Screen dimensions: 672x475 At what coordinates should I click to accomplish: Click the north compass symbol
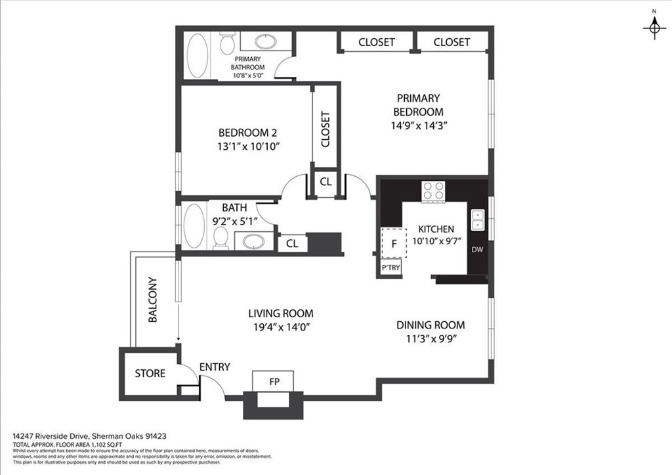654,27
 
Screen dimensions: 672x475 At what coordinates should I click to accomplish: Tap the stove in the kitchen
433,191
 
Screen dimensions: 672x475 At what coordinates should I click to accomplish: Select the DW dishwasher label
477,249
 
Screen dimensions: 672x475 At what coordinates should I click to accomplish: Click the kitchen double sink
478,219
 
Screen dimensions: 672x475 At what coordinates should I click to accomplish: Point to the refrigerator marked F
394,243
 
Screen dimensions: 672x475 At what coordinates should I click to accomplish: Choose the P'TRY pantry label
390,268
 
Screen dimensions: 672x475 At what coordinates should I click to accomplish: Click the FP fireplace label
274,382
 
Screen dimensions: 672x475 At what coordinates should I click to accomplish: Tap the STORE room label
150,373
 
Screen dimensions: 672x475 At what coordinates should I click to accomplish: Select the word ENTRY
215,367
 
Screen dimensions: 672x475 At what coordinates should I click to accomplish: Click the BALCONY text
152,300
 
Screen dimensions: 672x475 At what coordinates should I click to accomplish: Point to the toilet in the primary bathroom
226,43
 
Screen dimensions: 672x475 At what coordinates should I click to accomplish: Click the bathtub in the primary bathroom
198,55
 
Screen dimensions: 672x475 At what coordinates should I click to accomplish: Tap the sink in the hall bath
254,242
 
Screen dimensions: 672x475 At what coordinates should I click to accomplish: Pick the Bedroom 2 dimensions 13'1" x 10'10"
248,147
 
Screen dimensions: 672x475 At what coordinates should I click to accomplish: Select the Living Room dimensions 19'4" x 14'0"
281,327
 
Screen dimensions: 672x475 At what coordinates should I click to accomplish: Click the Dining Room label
430,325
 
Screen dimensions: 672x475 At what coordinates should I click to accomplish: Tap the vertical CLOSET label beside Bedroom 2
325,129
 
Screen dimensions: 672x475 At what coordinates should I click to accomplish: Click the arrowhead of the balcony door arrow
178,340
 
